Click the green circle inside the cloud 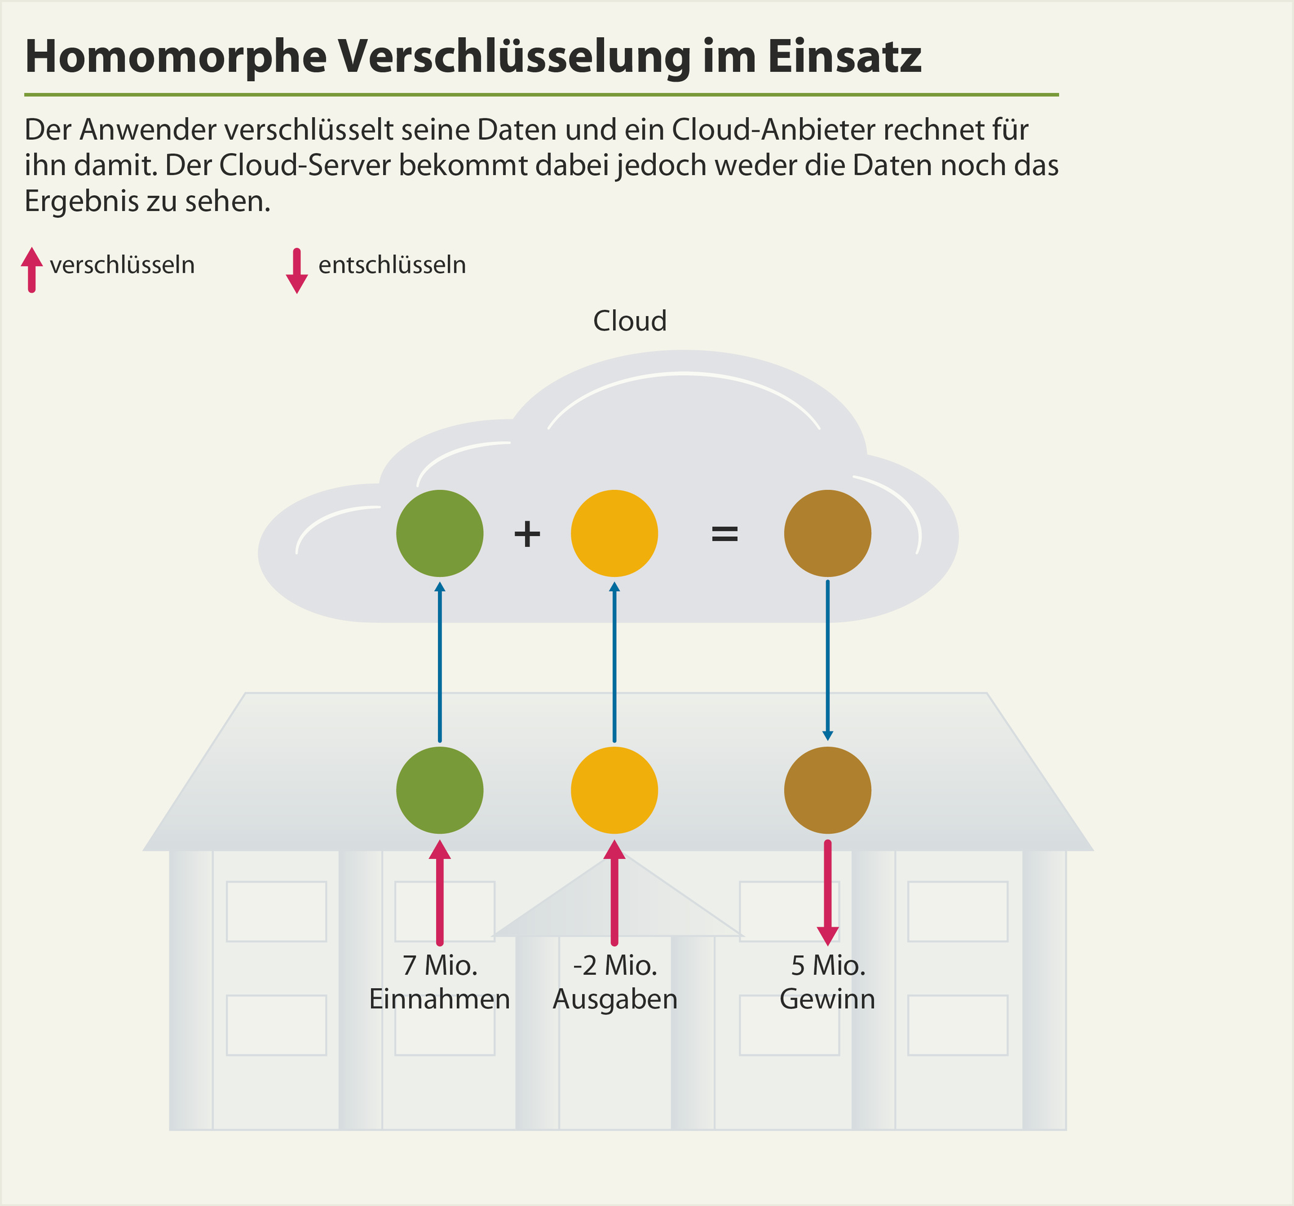coord(439,533)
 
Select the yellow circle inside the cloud coord(614,533)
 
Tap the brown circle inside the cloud coord(827,533)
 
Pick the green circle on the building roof coord(439,790)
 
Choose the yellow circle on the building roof coord(614,790)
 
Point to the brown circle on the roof coord(827,790)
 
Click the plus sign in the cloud coord(527,534)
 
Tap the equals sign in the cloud coord(724,534)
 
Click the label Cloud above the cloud coord(630,321)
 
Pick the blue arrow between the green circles coord(440,662)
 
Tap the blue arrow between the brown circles coord(827,660)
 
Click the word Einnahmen coord(439,999)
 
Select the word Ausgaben coord(615,999)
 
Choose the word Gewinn coord(827,999)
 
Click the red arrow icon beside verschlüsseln coord(31,270)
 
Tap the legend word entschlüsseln coord(392,265)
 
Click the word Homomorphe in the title coord(176,57)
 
